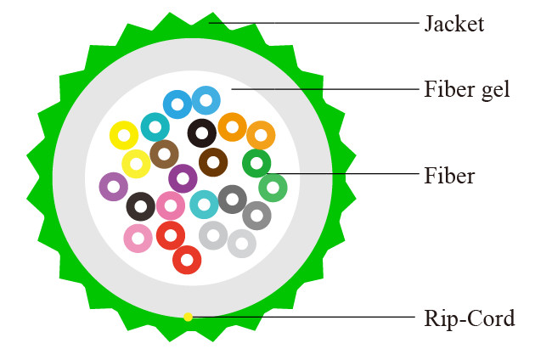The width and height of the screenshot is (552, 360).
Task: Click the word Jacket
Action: coord(453,23)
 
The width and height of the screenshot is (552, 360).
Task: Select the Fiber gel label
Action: coord(467,88)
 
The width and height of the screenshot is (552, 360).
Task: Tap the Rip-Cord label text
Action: coord(469,318)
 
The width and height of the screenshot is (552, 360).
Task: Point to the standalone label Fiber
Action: coord(448,177)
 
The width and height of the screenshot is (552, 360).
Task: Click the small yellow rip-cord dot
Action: coord(188,317)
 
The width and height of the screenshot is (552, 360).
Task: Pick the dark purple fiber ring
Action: coord(183,178)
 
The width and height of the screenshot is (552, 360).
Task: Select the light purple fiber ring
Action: coord(113,187)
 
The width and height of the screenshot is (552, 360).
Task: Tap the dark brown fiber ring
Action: coord(213,161)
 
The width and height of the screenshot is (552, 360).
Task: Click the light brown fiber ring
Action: coord(164,155)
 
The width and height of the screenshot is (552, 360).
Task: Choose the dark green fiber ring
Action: coord(256,162)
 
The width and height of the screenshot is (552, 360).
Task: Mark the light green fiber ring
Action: coord(273,188)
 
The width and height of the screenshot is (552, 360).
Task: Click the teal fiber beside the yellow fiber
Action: coord(155,127)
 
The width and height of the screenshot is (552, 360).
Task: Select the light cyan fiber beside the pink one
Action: coord(204,205)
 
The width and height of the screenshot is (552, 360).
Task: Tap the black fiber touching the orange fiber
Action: coord(202,132)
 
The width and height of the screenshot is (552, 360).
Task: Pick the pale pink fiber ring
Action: coord(138,239)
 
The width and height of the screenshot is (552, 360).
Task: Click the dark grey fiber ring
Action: coord(232,200)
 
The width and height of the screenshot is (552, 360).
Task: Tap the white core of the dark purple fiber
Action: coord(183,178)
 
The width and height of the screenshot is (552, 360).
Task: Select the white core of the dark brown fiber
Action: coord(213,161)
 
